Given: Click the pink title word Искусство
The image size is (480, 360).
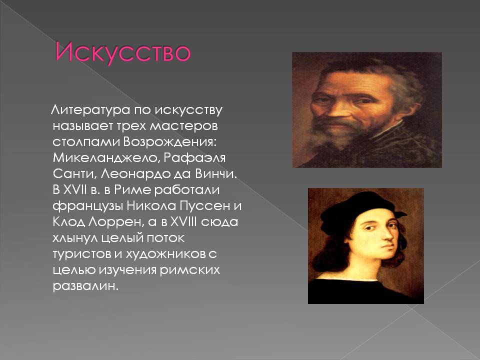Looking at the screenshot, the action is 123,52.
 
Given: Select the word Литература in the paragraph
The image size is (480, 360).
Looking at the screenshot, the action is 90,110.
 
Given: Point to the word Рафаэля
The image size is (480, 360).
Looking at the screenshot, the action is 194,158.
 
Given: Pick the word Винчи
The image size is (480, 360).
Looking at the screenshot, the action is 216,174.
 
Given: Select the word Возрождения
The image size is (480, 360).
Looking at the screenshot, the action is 170,142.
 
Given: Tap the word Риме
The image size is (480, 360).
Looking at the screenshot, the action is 132,190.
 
